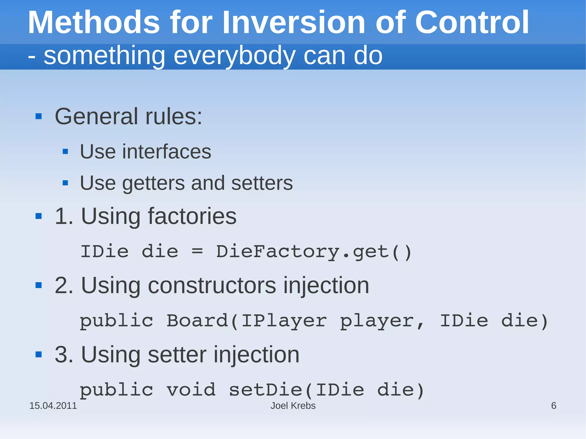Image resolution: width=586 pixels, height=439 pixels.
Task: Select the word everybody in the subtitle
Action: [234, 56]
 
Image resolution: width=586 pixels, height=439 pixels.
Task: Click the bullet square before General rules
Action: [39, 116]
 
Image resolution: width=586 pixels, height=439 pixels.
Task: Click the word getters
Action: [154, 183]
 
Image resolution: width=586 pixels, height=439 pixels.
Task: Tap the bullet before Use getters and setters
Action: [65, 183]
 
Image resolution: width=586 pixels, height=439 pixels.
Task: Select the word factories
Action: [192, 216]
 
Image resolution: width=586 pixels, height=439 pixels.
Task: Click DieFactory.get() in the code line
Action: [314, 252]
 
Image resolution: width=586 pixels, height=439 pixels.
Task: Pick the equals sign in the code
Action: [197, 252]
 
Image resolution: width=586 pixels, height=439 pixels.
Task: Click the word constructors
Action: [212, 285]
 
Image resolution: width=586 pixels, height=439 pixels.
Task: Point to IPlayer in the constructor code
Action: [284, 321]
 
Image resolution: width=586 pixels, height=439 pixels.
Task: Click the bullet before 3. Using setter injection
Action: [39, 355]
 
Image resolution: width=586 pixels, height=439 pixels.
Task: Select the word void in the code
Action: [191, 390]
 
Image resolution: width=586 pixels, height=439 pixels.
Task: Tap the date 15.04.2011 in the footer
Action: [53, 406]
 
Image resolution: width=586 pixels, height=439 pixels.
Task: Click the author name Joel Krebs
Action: [293, 406]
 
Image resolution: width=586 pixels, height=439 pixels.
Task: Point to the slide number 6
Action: [554, 406]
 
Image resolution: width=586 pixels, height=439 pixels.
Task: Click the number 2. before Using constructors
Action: [64, 285]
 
